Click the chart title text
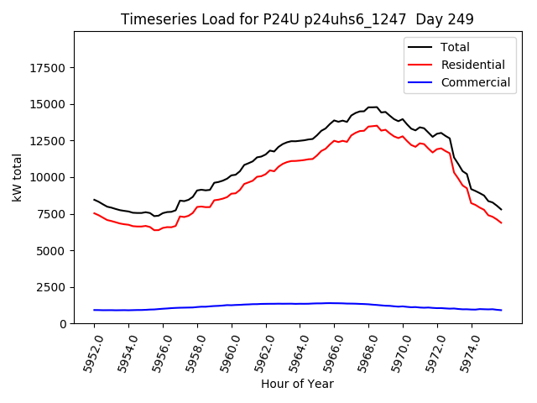pyautogui.click(x=297, y=19)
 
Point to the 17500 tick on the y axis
pyautogui.click(x=48, y=68)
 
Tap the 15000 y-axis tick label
pyautogui.click(x=48, y=104)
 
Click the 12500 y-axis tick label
pyautogui.click(x=48, y=141)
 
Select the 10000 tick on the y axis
pyautogui.click(x=48, y=177)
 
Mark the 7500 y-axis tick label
pyautogui.click(x=51, y=214)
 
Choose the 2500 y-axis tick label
pyautogui.click(x=51, y=287)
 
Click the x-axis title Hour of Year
pyautogui.click(x=297, y=384)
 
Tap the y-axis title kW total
pyautogui.click(x=17, y=178)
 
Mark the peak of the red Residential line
pyautogui.click(x=377, y=125)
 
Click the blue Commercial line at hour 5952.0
pyautogui.click(x=94, y=310)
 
